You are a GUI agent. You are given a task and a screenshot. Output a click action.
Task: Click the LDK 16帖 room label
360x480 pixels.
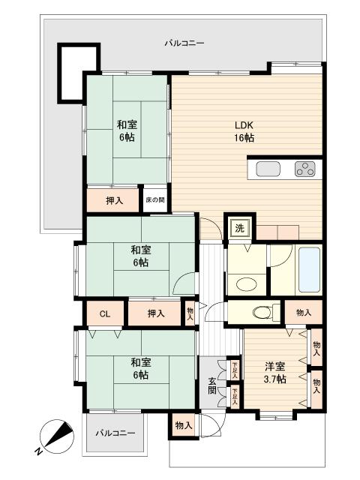click(x=244, y=132)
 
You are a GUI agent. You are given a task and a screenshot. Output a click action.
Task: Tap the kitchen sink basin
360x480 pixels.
click(x=268, y=169)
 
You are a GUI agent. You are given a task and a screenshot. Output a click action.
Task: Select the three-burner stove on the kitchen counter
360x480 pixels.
click(x=305, y=169)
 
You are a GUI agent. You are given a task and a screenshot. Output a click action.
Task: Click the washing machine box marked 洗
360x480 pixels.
click(x=240, y=228)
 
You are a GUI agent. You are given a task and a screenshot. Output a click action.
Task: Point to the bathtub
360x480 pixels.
click(x=309, y=270)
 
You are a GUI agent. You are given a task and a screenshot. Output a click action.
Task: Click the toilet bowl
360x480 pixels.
click(x=262, y=313)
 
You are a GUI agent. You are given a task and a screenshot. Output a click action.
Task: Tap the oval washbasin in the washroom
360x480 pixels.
click(x=247, y=284)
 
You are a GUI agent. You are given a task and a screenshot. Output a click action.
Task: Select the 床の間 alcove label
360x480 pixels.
click(x=155, y=200)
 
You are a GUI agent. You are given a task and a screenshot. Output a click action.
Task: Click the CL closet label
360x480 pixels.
click(x=105, y=314)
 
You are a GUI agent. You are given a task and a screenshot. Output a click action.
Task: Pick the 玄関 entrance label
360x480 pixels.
click(x=212, y=385)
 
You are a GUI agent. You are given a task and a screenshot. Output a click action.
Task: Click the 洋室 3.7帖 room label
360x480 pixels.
click(x=275, y=373)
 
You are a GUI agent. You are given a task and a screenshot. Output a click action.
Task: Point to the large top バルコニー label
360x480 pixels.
click(x=184, y=43)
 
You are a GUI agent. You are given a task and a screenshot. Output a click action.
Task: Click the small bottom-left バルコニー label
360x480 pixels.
click(x=115, y=433)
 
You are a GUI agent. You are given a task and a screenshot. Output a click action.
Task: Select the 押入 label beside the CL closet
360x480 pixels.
click(x=156, y=313)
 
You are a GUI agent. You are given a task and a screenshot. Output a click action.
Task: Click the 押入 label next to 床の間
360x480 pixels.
click(x=115, y=200)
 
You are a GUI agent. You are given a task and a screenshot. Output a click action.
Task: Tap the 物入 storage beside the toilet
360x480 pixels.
click(x=304, y=312)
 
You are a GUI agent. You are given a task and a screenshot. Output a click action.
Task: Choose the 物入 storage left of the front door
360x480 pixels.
click(x=183, y=425)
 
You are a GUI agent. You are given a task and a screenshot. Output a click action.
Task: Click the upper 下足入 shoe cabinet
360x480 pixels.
click(x=235, y=370)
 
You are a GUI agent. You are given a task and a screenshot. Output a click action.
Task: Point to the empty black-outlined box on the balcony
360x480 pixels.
click(x=59, y=73)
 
